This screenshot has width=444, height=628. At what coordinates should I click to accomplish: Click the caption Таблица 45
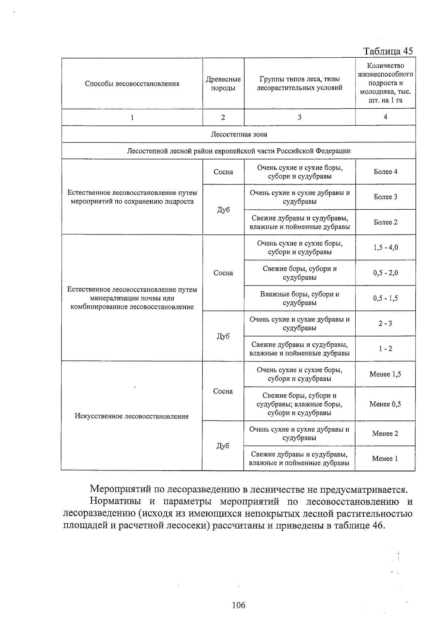pos(388,51)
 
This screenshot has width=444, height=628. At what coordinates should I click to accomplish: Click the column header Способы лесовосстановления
pos(132,84)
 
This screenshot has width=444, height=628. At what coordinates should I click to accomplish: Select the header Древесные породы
pos(223,84)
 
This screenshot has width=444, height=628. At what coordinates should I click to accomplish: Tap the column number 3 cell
pos(299,117)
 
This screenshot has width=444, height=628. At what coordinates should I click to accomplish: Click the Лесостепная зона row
pos(239,134)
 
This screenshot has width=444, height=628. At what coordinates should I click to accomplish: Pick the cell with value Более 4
pos(385,172)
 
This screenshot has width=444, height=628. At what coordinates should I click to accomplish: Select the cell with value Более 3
pos(385,197)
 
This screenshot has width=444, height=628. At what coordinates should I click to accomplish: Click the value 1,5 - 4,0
pos(385,247)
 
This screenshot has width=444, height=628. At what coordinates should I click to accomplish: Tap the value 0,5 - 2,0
pos(385,273)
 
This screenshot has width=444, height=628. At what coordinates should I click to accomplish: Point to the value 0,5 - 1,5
pos(385,298)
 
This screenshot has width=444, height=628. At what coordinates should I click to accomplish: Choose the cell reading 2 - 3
pos(385,323)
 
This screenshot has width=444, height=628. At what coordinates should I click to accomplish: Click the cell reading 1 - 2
pos(385,348)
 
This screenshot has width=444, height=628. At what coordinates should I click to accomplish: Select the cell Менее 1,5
pos(385,374)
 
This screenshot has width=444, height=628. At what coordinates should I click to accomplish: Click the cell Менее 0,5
pos(385,404)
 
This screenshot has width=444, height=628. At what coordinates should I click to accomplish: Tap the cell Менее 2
pos(385,433)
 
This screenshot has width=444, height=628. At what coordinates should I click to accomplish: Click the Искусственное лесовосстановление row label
pos(132,416)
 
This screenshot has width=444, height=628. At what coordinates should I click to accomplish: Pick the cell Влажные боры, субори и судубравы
pos(299,298)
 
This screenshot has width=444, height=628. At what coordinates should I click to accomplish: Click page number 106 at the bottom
pos(238,605)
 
